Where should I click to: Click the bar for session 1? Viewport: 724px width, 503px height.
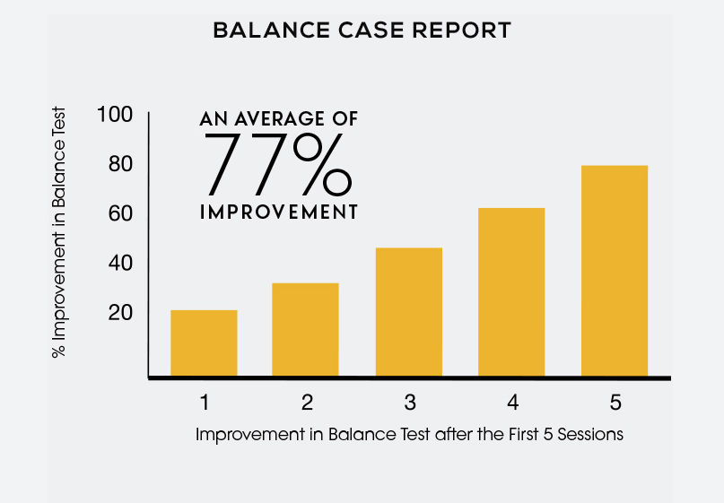pos(204,343)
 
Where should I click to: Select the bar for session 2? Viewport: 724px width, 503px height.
pos(305,329)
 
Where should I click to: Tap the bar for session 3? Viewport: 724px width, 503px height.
pos(408,312)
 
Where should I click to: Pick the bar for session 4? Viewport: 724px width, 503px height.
pos(511,292)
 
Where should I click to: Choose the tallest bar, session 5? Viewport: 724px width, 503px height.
pos(615,271)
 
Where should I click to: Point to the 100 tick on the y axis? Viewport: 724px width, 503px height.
pos(115,115)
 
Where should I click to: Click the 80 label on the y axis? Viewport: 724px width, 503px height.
pos(120,164)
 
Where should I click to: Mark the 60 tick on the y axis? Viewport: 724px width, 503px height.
pos(120,213)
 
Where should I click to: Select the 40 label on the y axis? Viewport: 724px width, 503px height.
pos(120,263)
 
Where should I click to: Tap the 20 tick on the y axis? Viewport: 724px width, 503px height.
pos(120,313)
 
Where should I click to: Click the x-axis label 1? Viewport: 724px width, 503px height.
pos(205,403)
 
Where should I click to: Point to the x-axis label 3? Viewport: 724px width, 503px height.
pos(410,403)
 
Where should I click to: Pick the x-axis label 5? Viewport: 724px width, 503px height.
pos(615,403)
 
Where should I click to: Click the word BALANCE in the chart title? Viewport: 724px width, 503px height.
pos(272,30)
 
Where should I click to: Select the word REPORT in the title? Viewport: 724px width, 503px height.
pos(461,30)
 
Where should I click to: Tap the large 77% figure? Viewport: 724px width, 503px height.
pos(277,164)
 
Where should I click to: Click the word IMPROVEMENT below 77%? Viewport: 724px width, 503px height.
pos(279,212)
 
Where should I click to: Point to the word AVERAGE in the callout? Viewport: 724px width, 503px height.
pos(280,119)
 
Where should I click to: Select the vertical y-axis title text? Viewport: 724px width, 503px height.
pos(58,232)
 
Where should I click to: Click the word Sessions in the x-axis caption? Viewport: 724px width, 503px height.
pos(590,434)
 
